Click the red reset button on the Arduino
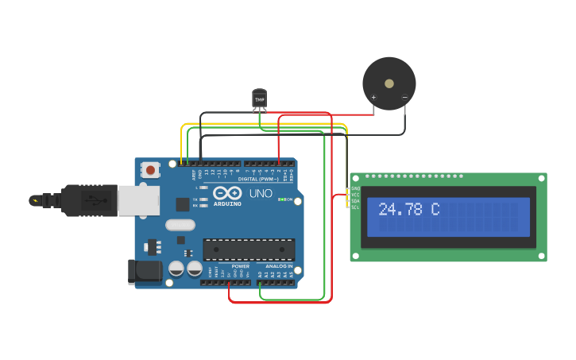[x=150, y=169]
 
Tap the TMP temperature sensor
[x=259, y=98]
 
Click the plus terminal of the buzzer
[x=373, y=99]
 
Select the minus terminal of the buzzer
[x=404, y=99]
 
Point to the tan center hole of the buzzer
[x=389, y=83]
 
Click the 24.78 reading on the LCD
[x=401, y=210]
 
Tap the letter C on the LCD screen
[x=435, y=210]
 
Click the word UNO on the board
[x=261, y=193]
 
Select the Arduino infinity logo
[x=226, y=192]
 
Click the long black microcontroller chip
[x=249, y=250]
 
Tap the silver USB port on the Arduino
[x=138, y=200]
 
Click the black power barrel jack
[x=145, y=271]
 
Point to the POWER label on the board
[x=240, y=266]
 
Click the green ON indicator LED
[x=280, y=199]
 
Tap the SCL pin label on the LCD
[x=355, y=207]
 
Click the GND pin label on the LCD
[x=355, y=188]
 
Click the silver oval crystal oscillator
[x=180, y=225]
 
